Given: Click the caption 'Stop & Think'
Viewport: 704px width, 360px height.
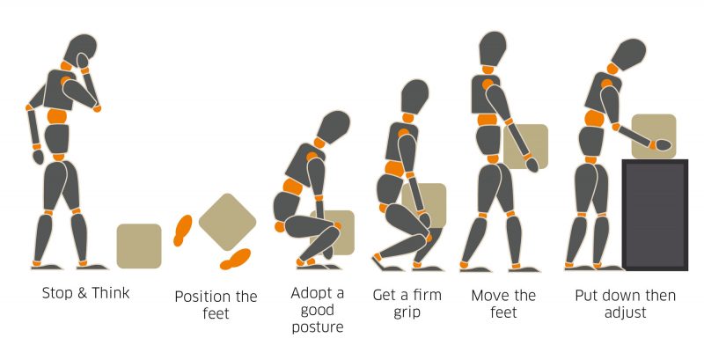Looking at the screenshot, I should coord(85,293).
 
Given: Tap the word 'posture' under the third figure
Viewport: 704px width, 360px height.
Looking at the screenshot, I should coord(318,327).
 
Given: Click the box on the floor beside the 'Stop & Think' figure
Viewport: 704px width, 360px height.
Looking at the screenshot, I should coord(139,246).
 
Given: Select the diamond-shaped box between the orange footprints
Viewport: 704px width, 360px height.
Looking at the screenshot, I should coord(227,221).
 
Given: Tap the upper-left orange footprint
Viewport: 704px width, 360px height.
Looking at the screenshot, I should coord(183,229).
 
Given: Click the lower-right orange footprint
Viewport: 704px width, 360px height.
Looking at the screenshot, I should coord(235,259).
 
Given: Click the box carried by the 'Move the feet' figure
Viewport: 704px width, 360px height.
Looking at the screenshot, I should coord(526,145).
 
